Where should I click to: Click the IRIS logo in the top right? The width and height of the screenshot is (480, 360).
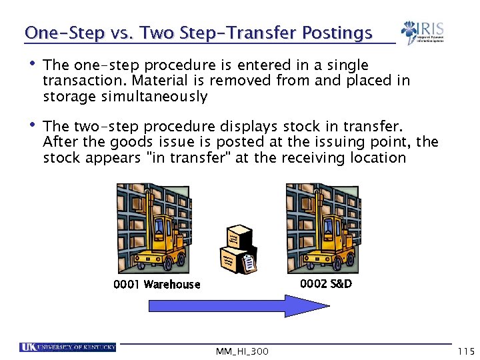422,32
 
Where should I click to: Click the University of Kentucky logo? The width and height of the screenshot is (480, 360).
67,347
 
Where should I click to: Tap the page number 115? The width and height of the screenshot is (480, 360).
465,351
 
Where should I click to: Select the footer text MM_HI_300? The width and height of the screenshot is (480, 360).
242,351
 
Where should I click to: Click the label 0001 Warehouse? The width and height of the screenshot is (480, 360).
157,285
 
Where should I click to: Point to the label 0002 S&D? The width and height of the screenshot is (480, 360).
326,283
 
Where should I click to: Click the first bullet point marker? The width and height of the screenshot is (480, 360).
31,65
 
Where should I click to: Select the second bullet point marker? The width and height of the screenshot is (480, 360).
31,125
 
